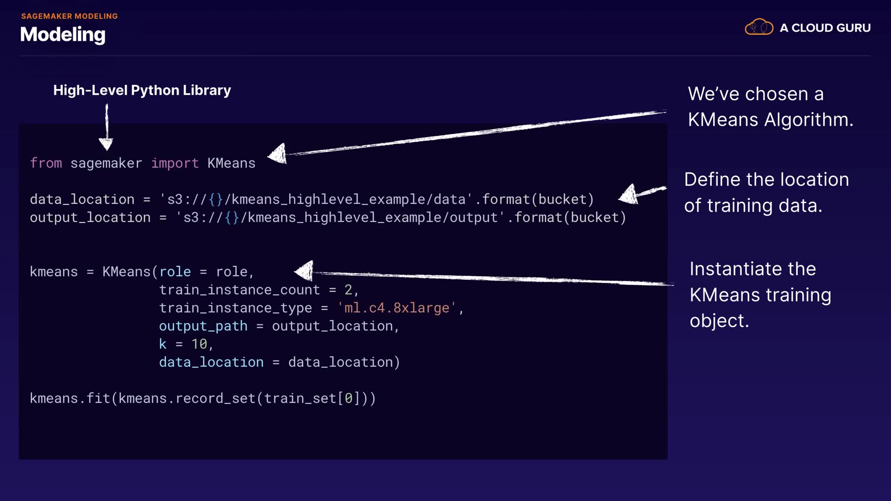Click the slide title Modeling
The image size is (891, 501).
pyautogui.click(x=63, y=34)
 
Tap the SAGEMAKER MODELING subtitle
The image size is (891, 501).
pyautogui.click(x=69, y=16)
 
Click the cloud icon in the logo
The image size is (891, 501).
pyautogui.click(x=759, y=27)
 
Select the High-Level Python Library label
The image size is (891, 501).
pyautogui.click(x=142, y=90)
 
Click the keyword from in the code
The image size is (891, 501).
pyautogui.click(x=46, y=163)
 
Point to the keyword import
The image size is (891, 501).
pyautogui.click(x=175, y=163)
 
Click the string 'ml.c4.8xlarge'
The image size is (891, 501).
pyautogui.click(x=397, y=308)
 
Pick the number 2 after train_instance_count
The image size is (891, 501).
pyautogui.click(x=348, y=290)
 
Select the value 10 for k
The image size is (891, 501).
pyautogui.click(x=199, y=344)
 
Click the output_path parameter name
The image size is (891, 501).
pyautogui.click(x=203, y=326)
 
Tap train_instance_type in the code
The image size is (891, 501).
pyautogui.click(x=235, y=308)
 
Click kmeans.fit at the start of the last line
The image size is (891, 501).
pyautogui.click(x=70, y=398)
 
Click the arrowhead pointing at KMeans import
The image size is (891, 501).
pyautogui.click(x=278, y=154)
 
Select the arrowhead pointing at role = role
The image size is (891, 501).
pyautogui.click(x=305, y=271)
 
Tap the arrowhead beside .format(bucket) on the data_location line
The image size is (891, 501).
pyautogui.click(x=629, y=194)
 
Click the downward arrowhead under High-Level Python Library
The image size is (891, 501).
pyautogui.click(x=106, y=144)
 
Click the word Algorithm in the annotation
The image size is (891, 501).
pyautogui.click(x=808, y=120)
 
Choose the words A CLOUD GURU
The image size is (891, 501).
pyautogui.click(x=825, y=28)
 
